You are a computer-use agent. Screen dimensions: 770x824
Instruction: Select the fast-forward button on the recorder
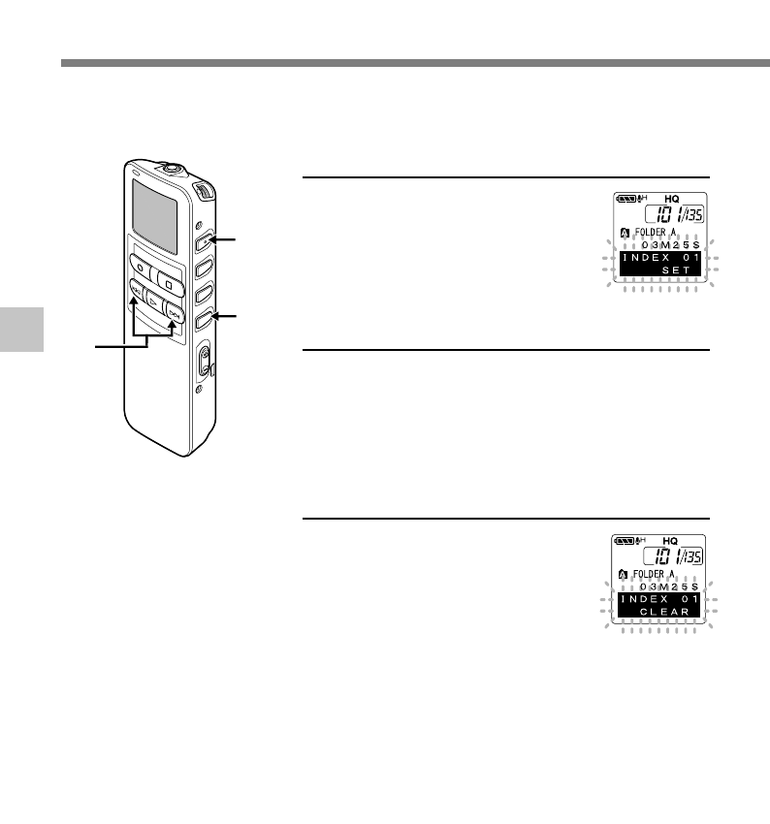(x=174, y=313)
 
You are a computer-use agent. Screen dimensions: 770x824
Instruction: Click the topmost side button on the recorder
(x=203, y=240)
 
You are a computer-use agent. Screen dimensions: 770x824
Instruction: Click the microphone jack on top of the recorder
(x=172, y=167)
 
